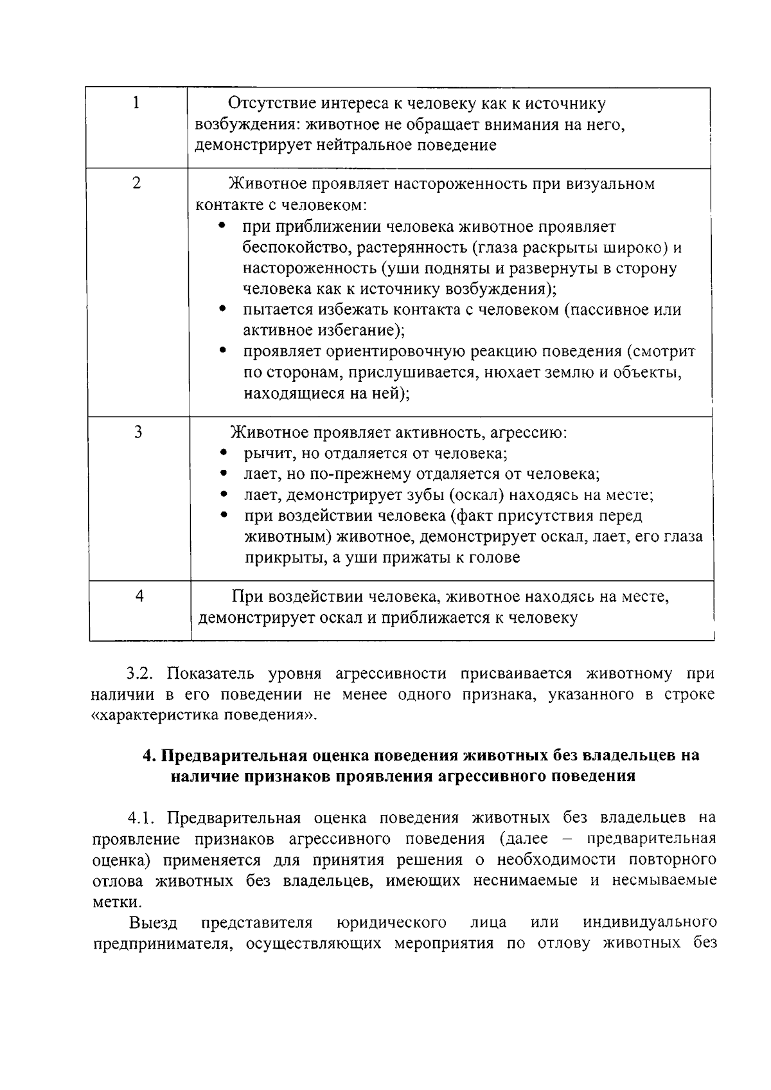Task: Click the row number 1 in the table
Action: pyautogui.click(x=136, y=103)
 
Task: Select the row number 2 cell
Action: pyautogui.click(x=137, y=183)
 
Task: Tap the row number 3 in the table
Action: pyautogui.click(x=138, y=432)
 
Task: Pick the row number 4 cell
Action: pyautogui.click(x=139, y=596)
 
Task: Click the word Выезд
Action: pyautogui.click(x=153, y=922)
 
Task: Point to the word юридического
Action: pyautogui.click(x=391, y=922)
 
